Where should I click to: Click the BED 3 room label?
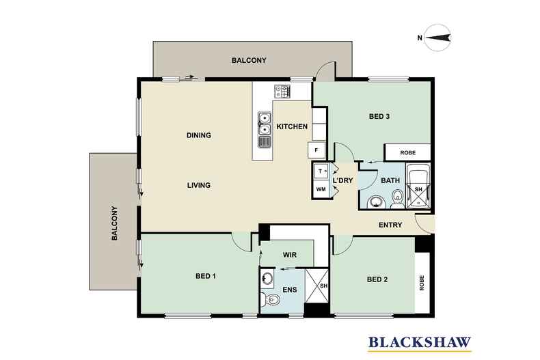pos(379,116)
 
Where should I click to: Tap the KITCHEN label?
pos(292,126)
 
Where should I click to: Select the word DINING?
pos(199,135)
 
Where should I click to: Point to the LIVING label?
pos(199,185)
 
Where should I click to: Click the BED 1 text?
pos(206,276)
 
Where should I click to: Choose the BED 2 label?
pos(377,279)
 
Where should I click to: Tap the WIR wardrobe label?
pos(290,255)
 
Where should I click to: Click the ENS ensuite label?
pos(290,290)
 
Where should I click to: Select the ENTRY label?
pos(390,225)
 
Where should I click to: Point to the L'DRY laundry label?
pos(342,180)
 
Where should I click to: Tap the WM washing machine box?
pos(321,189)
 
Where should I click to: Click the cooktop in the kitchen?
pos(282,92)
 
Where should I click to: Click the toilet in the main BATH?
pos(398,199)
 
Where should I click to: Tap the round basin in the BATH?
pos(376,202)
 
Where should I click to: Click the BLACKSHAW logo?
pos(420,343)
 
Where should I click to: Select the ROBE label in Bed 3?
pos(408,152)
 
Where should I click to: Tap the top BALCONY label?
pos(249,60)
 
